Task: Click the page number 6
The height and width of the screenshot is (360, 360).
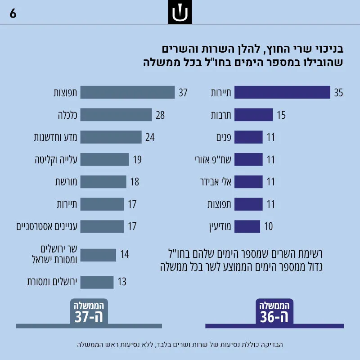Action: [13, 13]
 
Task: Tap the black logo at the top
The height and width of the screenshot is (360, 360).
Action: [180, 12]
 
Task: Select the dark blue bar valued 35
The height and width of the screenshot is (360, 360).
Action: [282, 92]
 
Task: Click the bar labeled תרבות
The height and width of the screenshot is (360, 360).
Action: [253, 115]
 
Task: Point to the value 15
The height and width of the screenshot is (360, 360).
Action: [281, 115]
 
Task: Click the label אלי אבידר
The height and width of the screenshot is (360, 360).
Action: [216, 182]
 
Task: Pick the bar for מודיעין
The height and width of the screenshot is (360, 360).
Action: [247, 226]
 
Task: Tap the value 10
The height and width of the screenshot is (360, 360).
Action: [268, 226]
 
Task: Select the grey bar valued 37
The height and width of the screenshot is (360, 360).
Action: [127, 92]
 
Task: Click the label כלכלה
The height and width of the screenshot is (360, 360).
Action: [67, 115]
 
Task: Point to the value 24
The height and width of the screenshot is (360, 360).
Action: [150, 137]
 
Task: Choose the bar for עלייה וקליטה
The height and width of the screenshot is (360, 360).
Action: [104, 159]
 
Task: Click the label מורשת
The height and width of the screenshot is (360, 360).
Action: [66, 182]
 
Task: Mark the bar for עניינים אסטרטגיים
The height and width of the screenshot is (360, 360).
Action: [102, 226]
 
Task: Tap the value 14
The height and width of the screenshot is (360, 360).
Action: [125, 254]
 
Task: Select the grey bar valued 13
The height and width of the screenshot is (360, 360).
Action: [97, 282]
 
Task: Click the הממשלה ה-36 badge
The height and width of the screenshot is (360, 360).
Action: [274, 311]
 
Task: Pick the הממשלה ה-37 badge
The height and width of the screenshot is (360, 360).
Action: [89, 311]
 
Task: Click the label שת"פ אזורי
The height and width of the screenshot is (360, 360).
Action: [213, 159]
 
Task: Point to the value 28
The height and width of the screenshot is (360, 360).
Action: [160, 115]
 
